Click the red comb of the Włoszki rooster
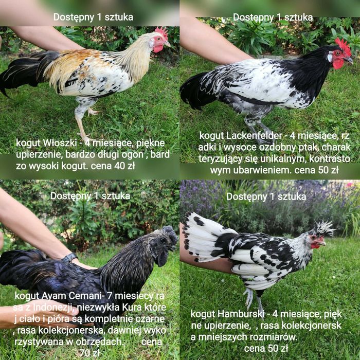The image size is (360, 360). click(x=161, y=32)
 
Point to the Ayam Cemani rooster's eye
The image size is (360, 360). click(x=163, y=240)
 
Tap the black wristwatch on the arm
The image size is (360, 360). click(x=69, y=258)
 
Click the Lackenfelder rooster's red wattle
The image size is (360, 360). click(x=338, y=64)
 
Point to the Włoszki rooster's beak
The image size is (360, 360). click(x=167, y=44)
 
